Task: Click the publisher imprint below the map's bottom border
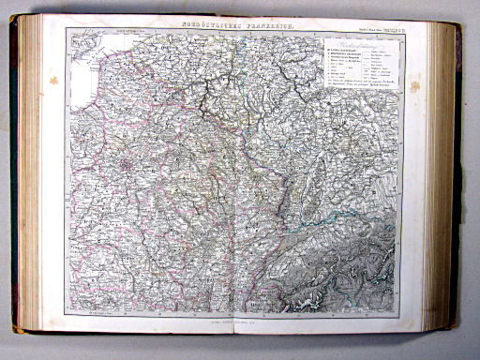click(x=240, y=320)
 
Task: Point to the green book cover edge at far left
click(x=15, y=178)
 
